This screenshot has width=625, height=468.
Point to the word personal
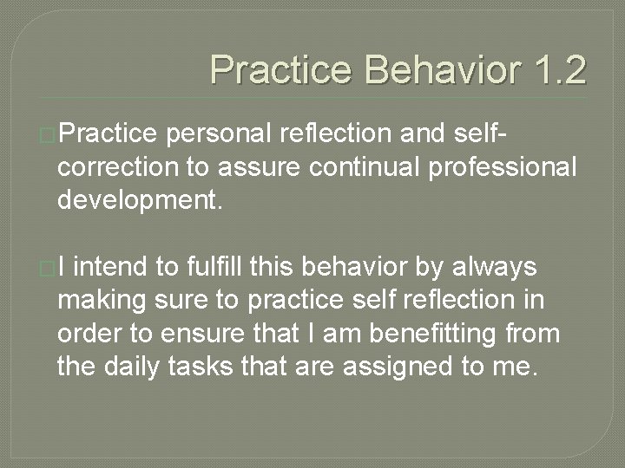[x=224, y=135]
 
